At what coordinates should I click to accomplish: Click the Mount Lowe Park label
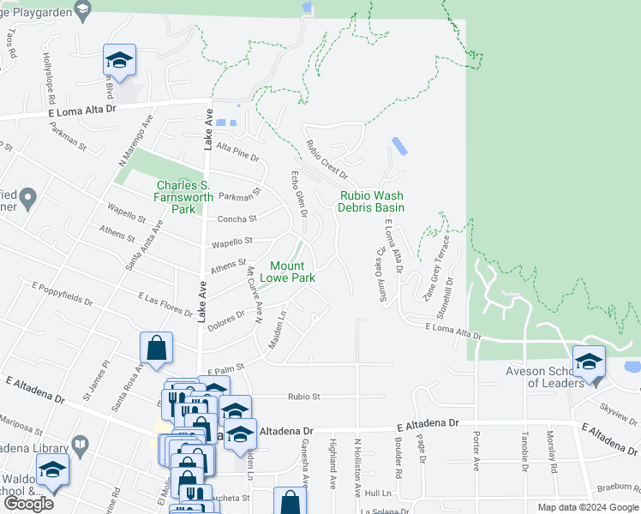pyautogui.click(x=293, y=272)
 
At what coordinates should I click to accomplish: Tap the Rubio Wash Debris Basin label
pyautogui.click(x=370, y=201)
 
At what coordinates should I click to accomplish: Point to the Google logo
pyautogui.click(x=28, y=504)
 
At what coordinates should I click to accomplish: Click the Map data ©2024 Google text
pyautogui.click(x=587, y=507)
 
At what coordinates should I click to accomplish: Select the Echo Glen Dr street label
pyautogui.click(x=298, y=194)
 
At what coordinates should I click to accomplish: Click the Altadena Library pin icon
pyautogui.click(x=79, y=445)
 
